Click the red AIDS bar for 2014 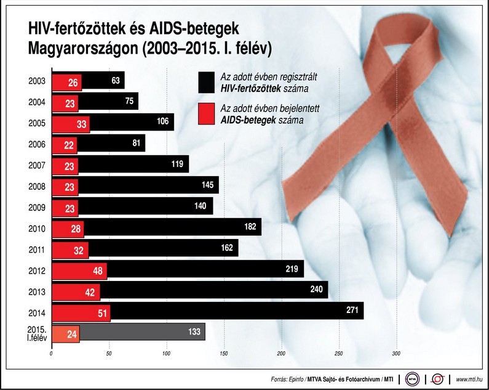81,312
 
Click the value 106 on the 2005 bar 162,121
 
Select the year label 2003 36,80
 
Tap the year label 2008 36,185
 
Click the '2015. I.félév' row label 36,333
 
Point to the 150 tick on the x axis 224,354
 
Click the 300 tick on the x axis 396,354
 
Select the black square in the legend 206,81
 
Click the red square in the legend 206,113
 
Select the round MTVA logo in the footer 408,378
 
